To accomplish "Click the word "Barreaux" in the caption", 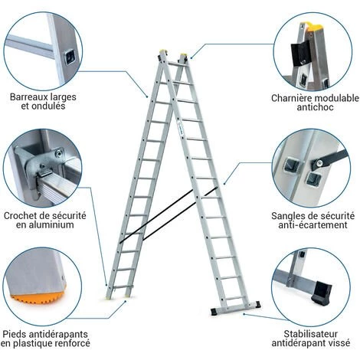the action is click(x=29, y=97).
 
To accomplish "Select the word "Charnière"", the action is click(x=292, y=98).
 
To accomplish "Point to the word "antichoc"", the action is click(x=315, y=107).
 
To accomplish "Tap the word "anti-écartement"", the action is click(x=313, y=225).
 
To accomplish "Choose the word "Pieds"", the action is click(x=14, y=334).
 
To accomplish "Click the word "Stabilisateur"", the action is click(x=311, y=334).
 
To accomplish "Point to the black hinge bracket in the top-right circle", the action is click(x=301, y=54).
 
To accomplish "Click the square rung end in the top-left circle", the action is click(x=70, y=57).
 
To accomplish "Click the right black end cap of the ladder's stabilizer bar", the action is click(x=257, y=304).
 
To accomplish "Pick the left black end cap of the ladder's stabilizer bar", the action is click(x=214, y=311).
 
